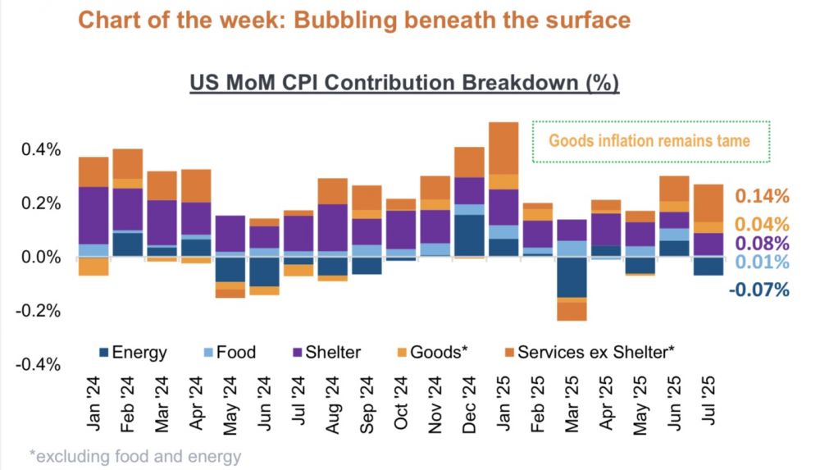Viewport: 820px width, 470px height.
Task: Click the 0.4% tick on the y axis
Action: click(39, 150)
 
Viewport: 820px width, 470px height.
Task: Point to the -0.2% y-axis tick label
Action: click(38, 311)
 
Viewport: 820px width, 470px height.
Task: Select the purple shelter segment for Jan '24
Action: click(93, 216)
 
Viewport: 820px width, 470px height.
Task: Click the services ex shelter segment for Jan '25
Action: click(503, 148)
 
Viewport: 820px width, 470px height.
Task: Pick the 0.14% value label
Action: click(762, 196)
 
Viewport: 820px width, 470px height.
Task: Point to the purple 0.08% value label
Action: click(762, 244)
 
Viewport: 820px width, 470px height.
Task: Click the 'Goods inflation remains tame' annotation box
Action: click(650, 141)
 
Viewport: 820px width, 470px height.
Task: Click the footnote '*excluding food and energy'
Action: click(135, 456)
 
